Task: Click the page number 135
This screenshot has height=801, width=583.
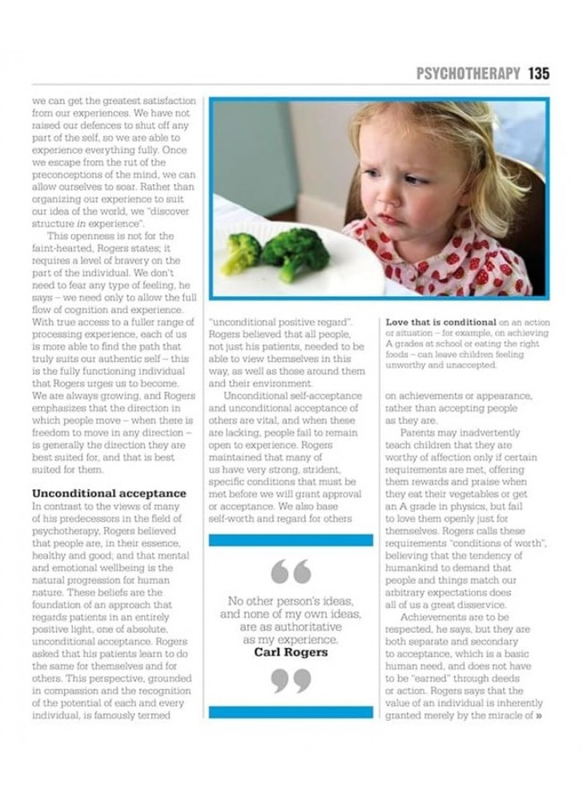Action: [539, 74]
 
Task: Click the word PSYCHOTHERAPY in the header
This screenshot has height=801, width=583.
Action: [468, 74]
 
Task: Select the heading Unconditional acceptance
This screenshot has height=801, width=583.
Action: [109, 493]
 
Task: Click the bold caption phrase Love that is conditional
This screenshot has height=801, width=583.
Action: [440, 322]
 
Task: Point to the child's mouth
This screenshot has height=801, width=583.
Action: [388, 219]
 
